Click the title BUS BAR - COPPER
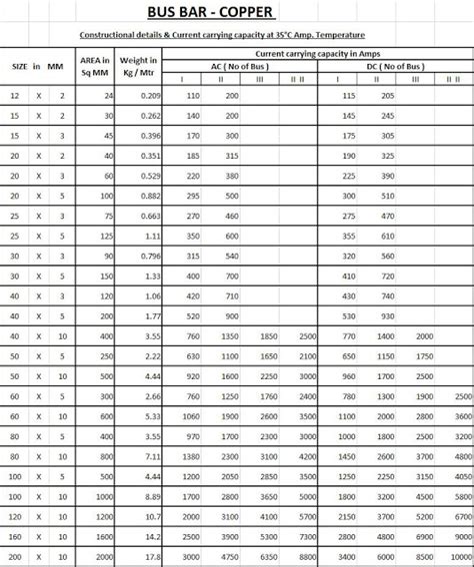click(236, 12)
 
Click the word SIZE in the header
click(19, 65)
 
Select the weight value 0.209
click(150, 94)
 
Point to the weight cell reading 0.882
click(150, 198)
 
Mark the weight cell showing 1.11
click(153, 238)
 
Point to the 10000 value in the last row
click(459, 556)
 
